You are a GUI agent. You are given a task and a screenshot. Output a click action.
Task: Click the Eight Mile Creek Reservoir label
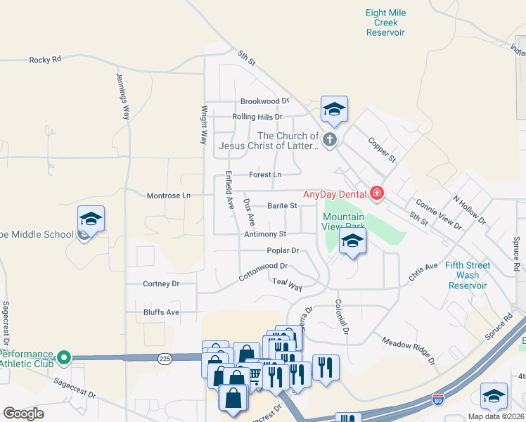pyautogui.click(x=386, y=23)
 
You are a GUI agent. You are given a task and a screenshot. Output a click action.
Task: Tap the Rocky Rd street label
pyautogui.click(x=45, y=60)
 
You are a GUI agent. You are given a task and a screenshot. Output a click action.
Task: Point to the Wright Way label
pyautogui.click(x=205, y=124)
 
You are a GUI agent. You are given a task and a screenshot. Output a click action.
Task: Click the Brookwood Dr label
pyautogui.click(x=264, y=101)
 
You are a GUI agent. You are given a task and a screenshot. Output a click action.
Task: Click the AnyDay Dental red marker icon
pyautogui.click(x=377, y=193)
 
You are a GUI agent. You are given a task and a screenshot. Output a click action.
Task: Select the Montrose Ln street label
pyautogui.click(x=168, y=196)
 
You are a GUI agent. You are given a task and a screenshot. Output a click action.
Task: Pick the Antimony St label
pyautogui.click(x=265, y=234)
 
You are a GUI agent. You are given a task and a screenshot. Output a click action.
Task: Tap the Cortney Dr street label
pyautogui.click(x=161, y=284)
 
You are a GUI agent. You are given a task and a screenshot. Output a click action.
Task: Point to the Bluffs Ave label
pyautogui.click(x=161, y=312)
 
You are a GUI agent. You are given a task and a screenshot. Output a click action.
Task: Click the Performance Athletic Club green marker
pyautogui.click(x=64, y=358)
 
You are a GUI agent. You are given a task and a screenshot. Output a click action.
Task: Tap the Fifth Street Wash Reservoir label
pyautogui.click(x=468, y=276)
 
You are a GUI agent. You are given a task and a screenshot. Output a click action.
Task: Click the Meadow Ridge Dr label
pyautogui.click(x=409, y=351)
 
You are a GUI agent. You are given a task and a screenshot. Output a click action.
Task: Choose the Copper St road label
pyautogui.click(x=383, y=149)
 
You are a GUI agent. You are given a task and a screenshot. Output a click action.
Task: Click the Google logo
pyautogui.click(x=23, y=414)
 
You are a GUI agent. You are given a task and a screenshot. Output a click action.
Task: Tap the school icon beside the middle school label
pyautogui.click(x=91, y=221)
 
